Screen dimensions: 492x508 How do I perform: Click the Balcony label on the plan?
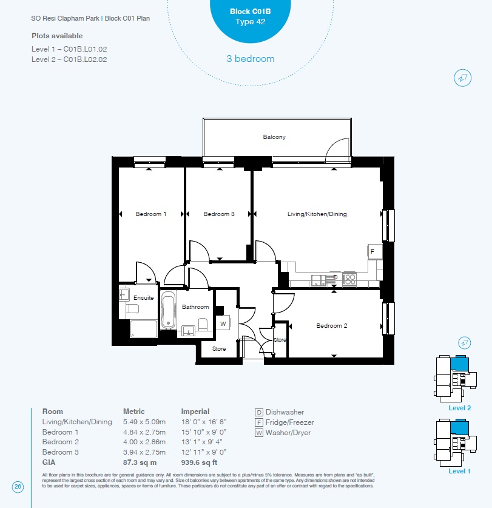point(274,137)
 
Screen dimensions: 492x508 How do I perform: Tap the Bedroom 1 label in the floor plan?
point(150,214)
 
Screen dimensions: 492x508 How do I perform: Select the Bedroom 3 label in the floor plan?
point(218,214)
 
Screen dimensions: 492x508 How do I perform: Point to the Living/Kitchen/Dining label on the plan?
point(317,214)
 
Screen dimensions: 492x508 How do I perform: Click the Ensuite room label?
point(144,298)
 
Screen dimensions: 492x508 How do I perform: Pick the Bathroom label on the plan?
point(195,307)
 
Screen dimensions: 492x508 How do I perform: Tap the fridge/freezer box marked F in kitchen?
point(375,251)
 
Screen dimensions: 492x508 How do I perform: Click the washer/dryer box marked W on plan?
point(223,323)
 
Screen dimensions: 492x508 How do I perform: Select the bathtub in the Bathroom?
point(168,310)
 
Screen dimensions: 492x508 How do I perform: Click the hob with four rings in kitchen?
point(349,279)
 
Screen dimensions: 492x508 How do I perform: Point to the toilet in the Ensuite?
point(132,308)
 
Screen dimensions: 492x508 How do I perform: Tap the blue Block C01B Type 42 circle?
point(251,18)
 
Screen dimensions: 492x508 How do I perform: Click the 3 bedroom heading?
point(251,59)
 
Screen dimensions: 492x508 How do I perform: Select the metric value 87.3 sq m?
point(140,462)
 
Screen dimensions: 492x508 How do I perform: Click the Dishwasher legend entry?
point(280,412)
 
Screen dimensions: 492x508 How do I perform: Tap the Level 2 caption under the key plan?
point(459,408)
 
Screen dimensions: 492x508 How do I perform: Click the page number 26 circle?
point(18,487)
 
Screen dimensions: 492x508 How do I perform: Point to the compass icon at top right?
point(462,78)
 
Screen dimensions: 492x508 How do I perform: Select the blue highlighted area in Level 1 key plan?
point(459,427)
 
